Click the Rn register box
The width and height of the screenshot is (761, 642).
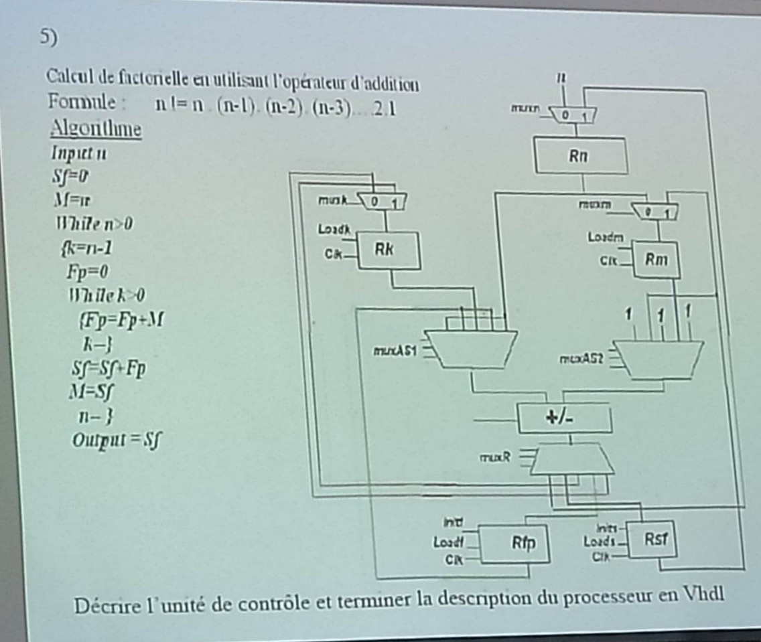tap(580, 156)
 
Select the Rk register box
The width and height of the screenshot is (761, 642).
tap(389, 250)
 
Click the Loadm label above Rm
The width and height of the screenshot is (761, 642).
tap(605, 237)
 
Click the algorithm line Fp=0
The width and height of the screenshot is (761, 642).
tap(88, 272)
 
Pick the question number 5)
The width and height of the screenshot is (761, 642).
tap(45, 38)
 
